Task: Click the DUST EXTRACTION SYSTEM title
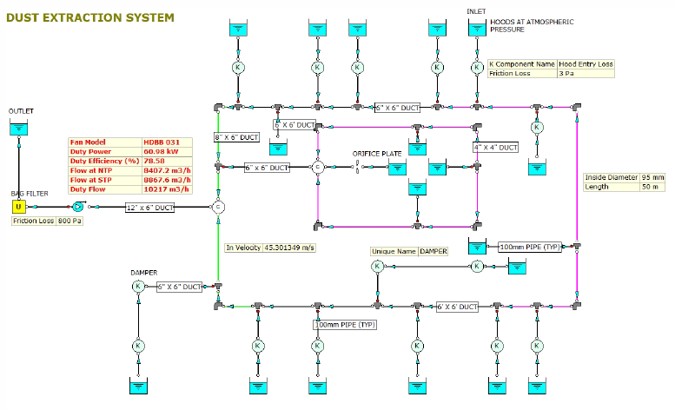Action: click(89, 17)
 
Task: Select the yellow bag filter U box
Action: click(18, 207)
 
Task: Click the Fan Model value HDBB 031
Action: click(162, 142)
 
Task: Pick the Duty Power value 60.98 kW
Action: click(162, 151)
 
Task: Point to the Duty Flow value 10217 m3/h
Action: click(165, 189)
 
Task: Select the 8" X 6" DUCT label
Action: click(236, 137)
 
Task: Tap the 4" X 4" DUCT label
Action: click(495, 148)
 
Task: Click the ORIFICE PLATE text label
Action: click(376, 154)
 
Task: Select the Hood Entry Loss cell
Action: click(586, 64)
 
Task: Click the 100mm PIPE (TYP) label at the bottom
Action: click(344, 324)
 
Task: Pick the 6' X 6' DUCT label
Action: click(456, 307)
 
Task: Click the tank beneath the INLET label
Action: click(477, 28)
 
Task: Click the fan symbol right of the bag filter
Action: click(77, 207)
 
